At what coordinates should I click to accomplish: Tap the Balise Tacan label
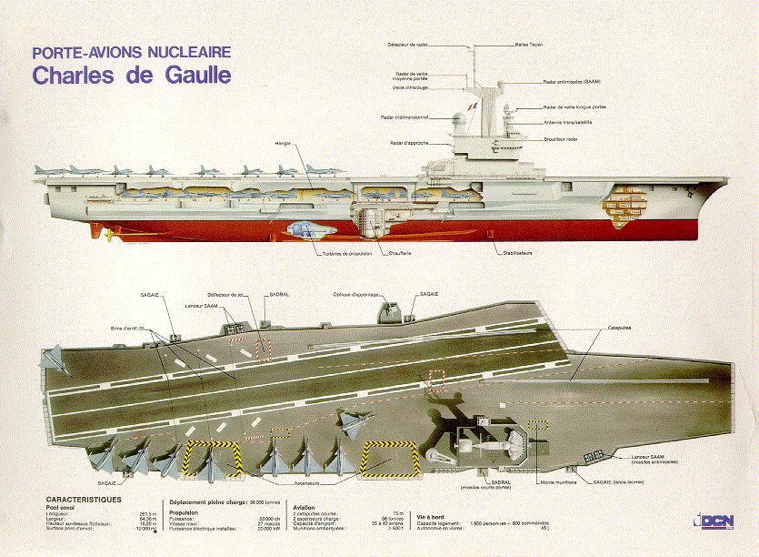tap(529, 44)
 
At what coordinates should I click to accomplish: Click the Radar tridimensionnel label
tap(404, 117)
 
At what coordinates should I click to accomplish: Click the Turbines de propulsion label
tap(346, 253)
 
